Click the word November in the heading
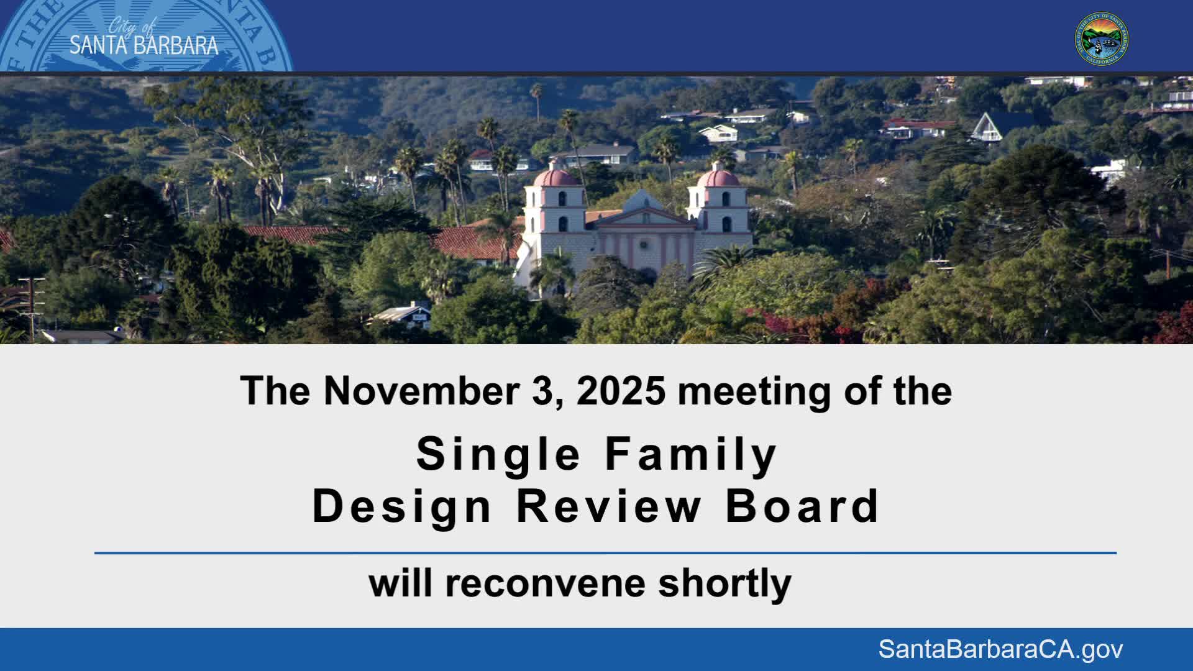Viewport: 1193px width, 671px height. coord(421,391)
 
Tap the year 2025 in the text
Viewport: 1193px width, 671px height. coord(621,391)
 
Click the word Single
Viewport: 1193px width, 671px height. coord(498,455)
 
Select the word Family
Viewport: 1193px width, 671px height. coord(690,455)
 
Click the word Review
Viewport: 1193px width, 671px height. coord(608,507)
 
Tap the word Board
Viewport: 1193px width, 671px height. coord(802,507)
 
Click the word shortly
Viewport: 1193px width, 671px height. coord(724,584)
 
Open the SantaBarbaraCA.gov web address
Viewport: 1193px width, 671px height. coord(1000,649)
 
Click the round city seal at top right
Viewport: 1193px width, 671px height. coord(1102,39)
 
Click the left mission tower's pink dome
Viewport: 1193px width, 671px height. coord(555,178)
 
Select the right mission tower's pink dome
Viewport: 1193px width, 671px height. coord(719,178)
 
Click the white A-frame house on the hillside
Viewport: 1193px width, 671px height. coord(986,128)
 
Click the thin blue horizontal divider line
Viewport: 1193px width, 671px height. coord(605,552)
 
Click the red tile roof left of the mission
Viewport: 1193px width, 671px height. coord(472,242)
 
